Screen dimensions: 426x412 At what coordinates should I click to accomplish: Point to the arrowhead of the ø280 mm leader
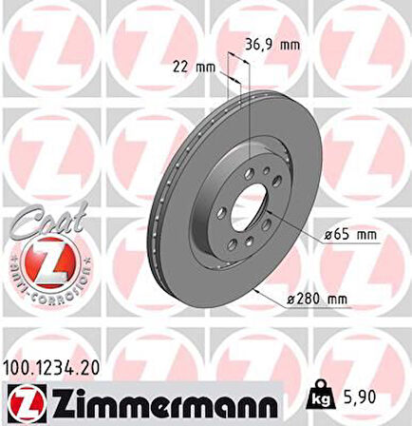click(254, 289)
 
